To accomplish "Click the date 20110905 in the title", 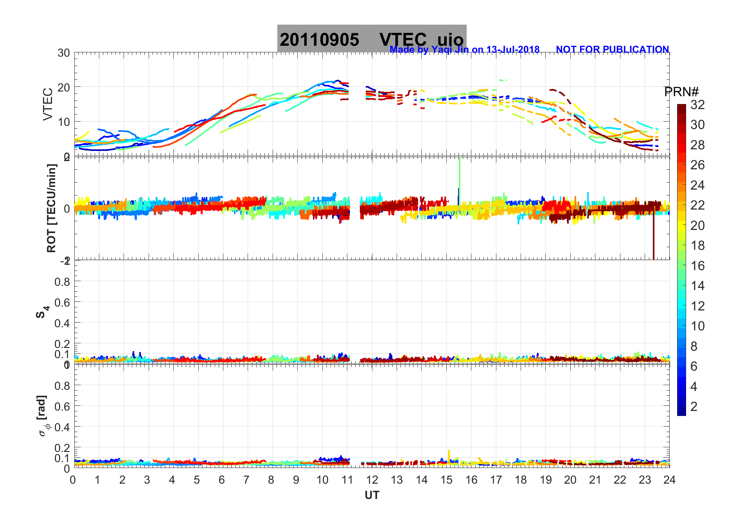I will [319, 40].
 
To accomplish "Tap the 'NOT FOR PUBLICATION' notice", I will [612, 50].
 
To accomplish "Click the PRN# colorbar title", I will [681, 92].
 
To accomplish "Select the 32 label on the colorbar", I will [697, 105].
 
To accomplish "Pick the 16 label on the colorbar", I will [697, 266].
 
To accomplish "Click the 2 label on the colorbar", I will [694, 407].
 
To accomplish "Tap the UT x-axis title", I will [372, 495].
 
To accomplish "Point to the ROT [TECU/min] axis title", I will [51, 208].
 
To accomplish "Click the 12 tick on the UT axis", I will [372, 480].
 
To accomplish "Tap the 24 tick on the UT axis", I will [669, 480].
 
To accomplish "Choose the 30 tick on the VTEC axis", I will [64, 53].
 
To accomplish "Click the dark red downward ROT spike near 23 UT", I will [653, 238].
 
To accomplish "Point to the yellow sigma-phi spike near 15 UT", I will [449, 455].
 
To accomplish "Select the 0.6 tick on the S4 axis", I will [63, 302].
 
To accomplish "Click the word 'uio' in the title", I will [450, 40].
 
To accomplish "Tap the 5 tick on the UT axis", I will [197, 480].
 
